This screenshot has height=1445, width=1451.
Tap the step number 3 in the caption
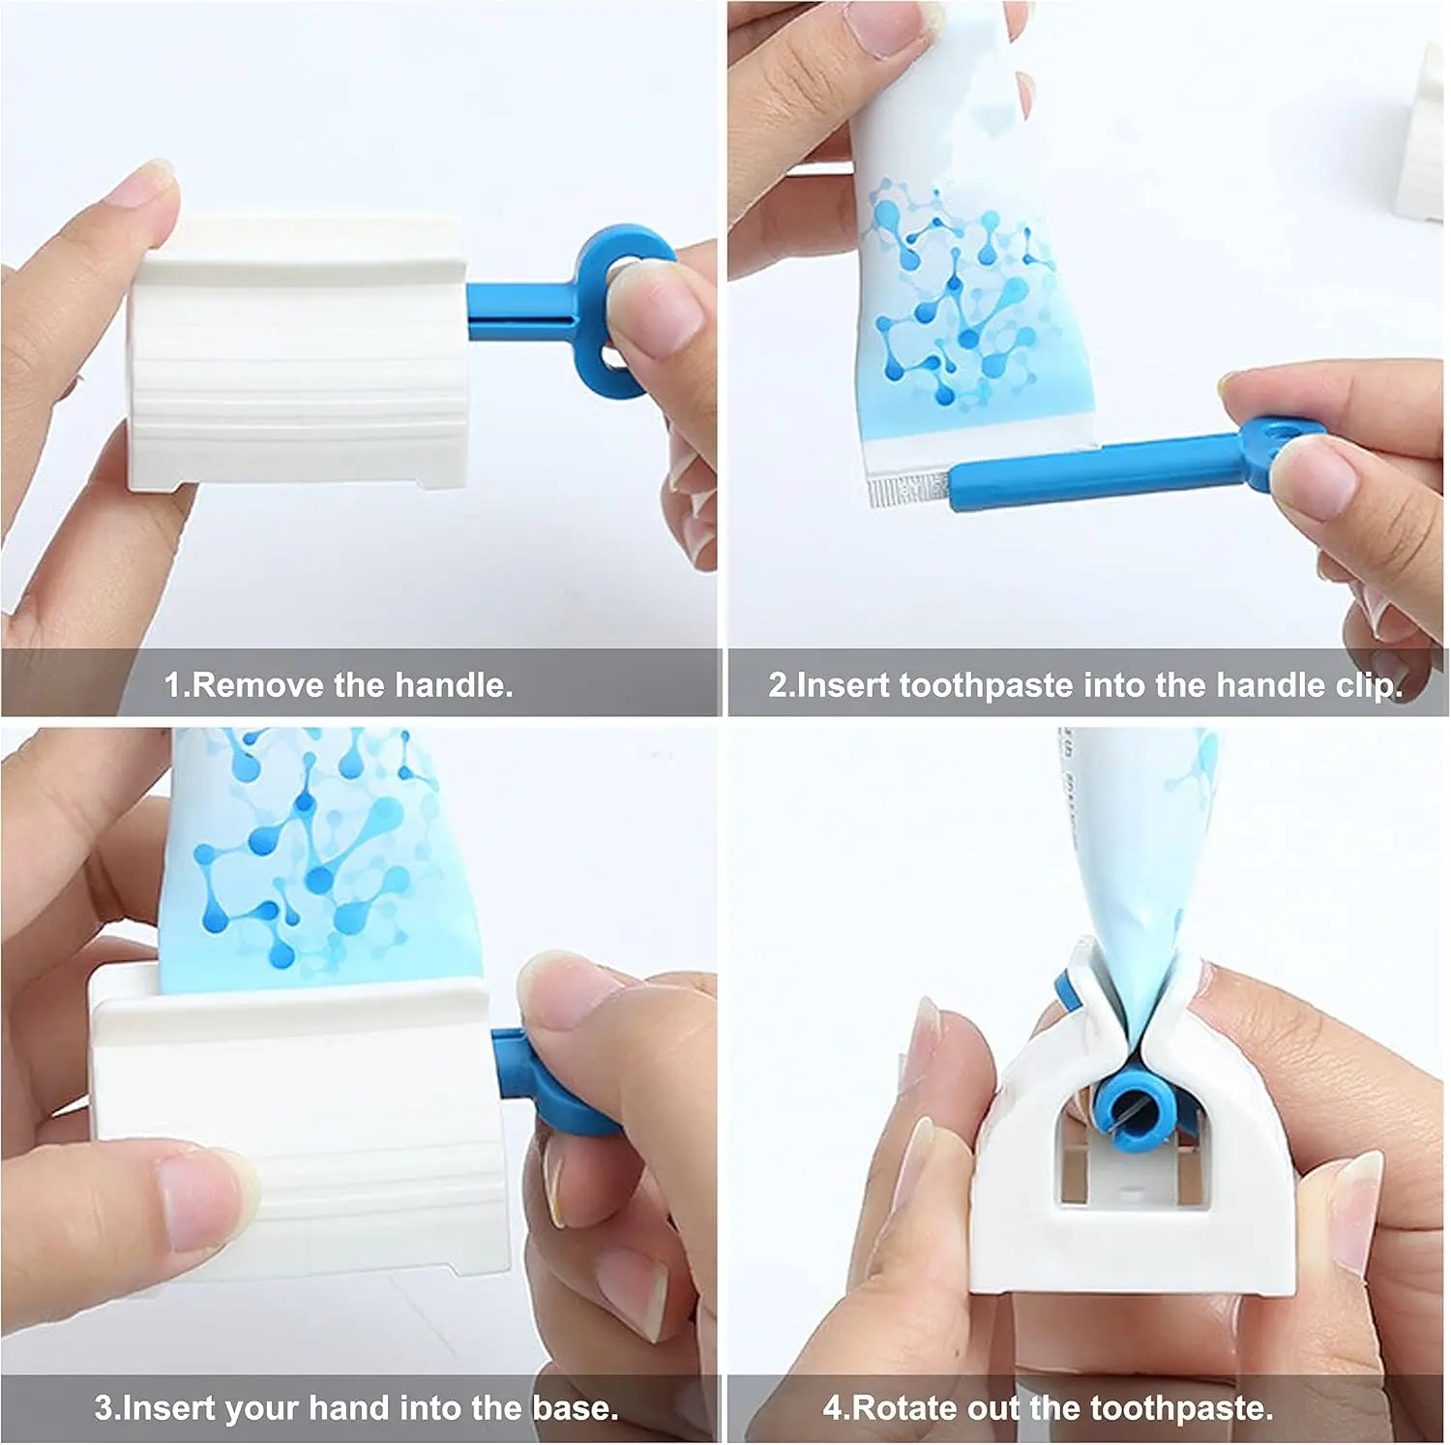pyautogui.click(x=103, y=1406)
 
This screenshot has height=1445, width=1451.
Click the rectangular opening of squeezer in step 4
pyautogui.click(x=1132, y=1171)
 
